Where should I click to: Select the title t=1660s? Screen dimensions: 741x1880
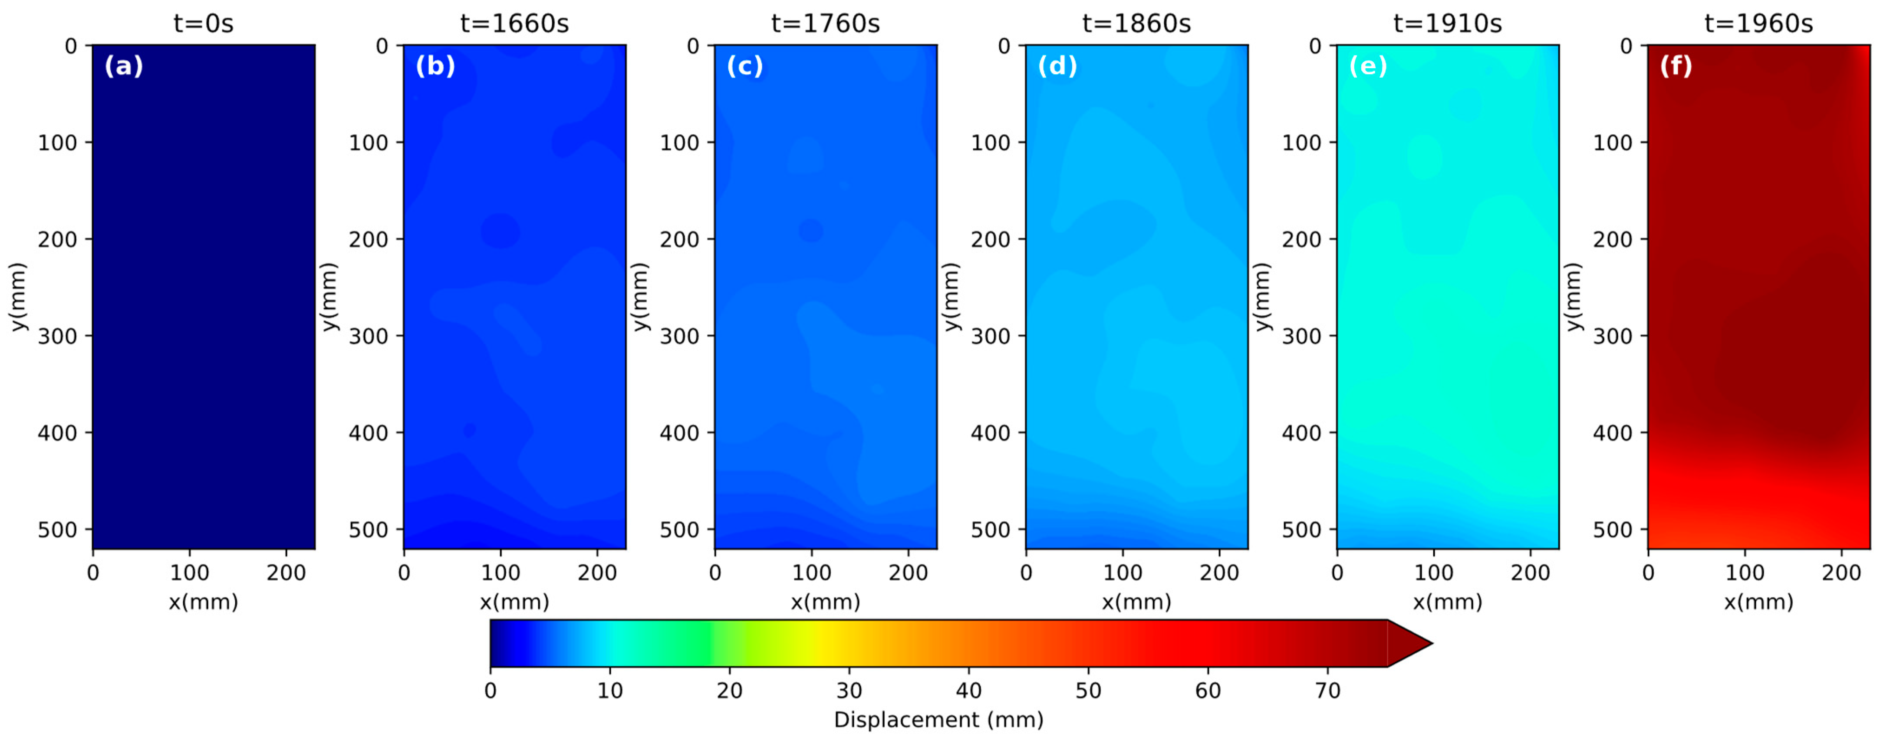514,23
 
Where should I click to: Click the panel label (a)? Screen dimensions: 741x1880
123,66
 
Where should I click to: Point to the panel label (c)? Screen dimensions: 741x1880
744,66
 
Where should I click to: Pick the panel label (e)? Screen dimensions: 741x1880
1368,66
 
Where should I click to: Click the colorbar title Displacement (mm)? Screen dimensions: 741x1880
938,720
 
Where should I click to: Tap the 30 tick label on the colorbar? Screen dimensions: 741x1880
849,691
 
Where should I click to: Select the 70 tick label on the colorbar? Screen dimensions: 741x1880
1327,691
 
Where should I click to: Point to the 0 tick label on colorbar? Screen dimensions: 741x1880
491,691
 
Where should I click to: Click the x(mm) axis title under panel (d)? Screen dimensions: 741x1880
1136,602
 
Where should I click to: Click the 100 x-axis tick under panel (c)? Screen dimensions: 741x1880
812,573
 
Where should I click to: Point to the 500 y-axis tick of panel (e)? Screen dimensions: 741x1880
1301,529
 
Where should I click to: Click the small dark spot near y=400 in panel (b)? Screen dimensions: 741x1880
469,430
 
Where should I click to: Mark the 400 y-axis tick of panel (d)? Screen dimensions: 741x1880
991,433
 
